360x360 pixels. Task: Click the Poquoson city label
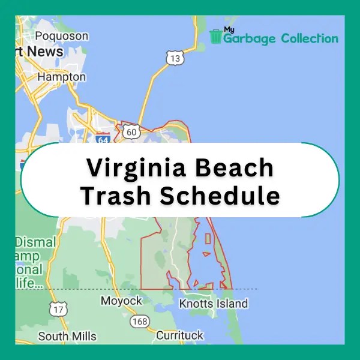62,36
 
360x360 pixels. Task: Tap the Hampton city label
62,77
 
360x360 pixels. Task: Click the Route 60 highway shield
129,130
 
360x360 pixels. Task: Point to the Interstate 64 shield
103,139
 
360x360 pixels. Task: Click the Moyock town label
121,301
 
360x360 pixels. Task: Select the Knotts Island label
213,304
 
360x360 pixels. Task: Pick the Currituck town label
179,335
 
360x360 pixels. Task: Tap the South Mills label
67,336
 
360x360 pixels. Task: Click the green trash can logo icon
216,36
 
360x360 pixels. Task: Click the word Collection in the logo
308,38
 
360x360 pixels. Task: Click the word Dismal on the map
35,243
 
